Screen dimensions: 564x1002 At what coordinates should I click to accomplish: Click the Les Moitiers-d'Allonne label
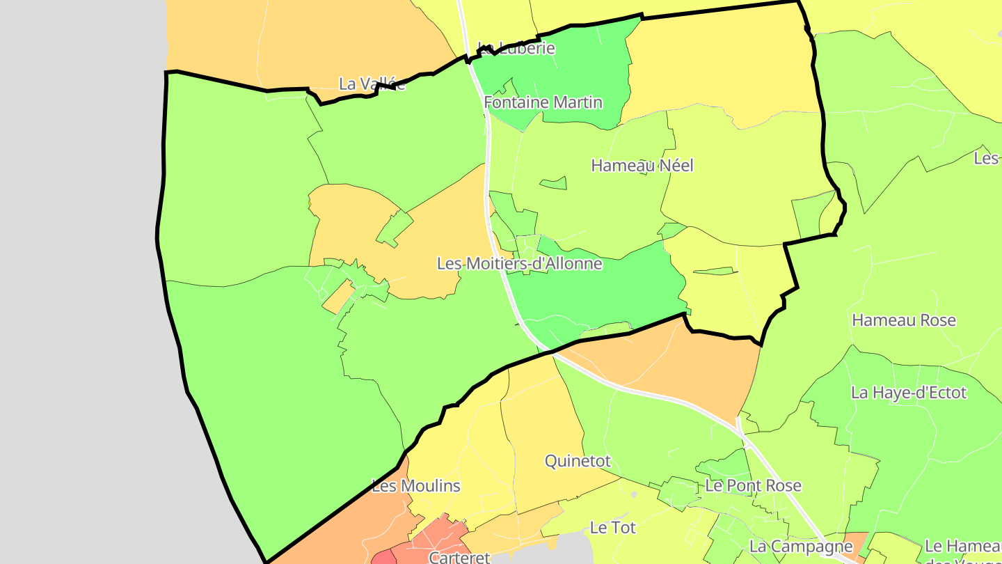(x=519, y=264)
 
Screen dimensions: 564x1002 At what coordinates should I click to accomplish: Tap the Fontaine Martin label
(x=543, y=102)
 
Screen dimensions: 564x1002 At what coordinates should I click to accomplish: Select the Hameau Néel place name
(x=642, y=166)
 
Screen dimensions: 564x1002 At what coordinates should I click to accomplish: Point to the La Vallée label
(x=372, y=84)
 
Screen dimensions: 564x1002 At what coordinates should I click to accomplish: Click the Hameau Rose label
(x=904, y=320)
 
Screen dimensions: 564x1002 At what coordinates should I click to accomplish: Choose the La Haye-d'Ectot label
(x=909, y=393)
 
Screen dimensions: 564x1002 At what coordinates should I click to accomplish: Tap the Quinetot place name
(x=578, y=461)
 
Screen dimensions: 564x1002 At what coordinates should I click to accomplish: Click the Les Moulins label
(x=416, y=486)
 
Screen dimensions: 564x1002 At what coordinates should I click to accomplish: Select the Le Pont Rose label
(x=754, y=486)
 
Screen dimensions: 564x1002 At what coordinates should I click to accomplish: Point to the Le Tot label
(x=612, y=528)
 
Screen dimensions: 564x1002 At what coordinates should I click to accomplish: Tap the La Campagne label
(x=801, y=547)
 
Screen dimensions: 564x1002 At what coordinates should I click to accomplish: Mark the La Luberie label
(x=516, y=48)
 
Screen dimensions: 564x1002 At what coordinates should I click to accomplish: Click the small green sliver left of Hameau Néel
(x=554, y=184)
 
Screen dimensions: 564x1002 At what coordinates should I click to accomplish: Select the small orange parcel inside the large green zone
(x=338, y=297)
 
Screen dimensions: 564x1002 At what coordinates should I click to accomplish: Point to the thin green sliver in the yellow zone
(x=714, y=271)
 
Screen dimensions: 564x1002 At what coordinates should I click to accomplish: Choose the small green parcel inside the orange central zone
(x=395, y=228)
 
